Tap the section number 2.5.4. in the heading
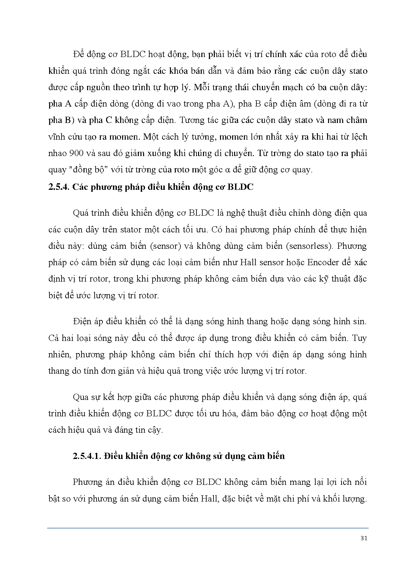point(59,187)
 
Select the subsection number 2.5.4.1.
point(87,456)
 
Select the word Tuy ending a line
point(359,338)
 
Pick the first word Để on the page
point(79,54)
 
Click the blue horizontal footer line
point(208,528)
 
